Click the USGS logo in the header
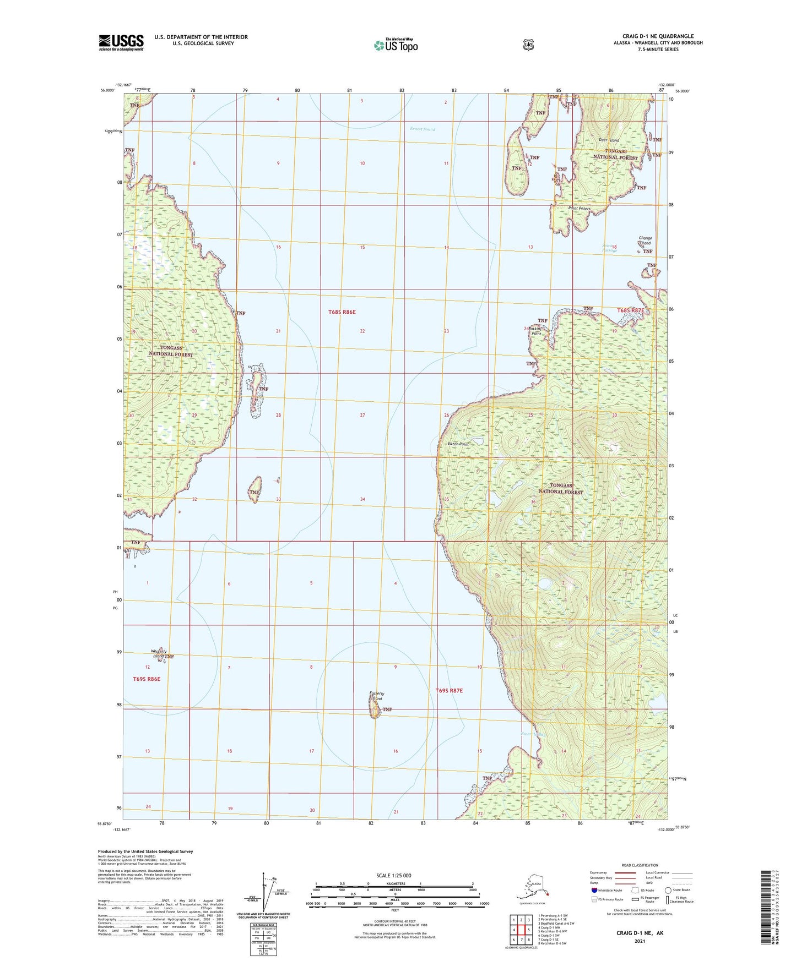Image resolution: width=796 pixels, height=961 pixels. (x=121, y=42)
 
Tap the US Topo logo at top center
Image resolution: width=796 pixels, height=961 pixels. (x=395, y=45)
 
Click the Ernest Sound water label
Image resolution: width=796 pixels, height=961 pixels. (x=423, y=129)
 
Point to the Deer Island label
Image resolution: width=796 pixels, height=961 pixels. (x=609, y=140)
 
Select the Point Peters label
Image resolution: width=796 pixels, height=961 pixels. (x=580, y=209)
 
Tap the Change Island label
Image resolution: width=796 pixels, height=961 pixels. (x=645, y=241)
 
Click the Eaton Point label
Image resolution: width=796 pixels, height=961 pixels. (x=458, y=443)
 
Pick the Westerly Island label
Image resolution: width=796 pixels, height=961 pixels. (x=159, y=654)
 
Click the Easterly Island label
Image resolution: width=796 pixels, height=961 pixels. (x=377, y=696)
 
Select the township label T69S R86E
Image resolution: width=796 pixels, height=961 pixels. (x=147, y=679)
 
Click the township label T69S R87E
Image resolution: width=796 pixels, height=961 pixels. (x=449, y=690)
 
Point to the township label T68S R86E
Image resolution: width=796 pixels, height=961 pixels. (x=342, y=312)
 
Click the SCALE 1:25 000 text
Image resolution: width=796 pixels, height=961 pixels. (x=393, y=875)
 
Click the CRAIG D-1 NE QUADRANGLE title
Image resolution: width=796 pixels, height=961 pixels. (x=658, y=36)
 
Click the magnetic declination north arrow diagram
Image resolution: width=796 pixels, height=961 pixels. (x=266, y=892)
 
